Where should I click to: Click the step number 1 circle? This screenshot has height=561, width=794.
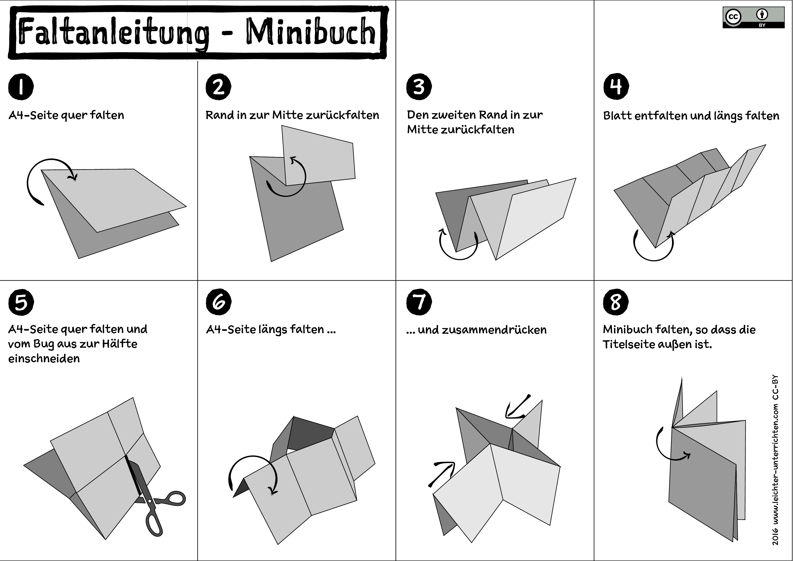tap(21, 86)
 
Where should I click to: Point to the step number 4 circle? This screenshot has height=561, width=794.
tap(616, 86)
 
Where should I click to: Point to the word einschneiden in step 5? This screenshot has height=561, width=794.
tap(44, 359)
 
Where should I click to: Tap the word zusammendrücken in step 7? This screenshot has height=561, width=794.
tap(482, 330)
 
